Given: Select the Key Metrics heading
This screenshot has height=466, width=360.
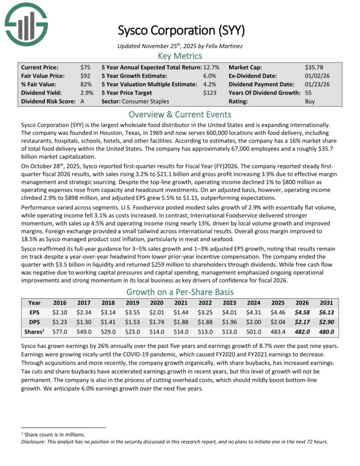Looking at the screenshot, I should tap(180, 56).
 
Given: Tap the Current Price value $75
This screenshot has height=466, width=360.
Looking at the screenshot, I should tap(85, 67).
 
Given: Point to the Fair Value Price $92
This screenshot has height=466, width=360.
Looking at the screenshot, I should tap(85, 76).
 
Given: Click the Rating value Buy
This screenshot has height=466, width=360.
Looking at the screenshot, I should tap(310, 101).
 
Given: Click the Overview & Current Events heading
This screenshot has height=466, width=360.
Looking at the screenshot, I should tap(180, 114).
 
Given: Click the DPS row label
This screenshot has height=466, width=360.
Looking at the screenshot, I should tap(35, 322).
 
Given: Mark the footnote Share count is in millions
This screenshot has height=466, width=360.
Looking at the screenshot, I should tap(55, 435).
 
